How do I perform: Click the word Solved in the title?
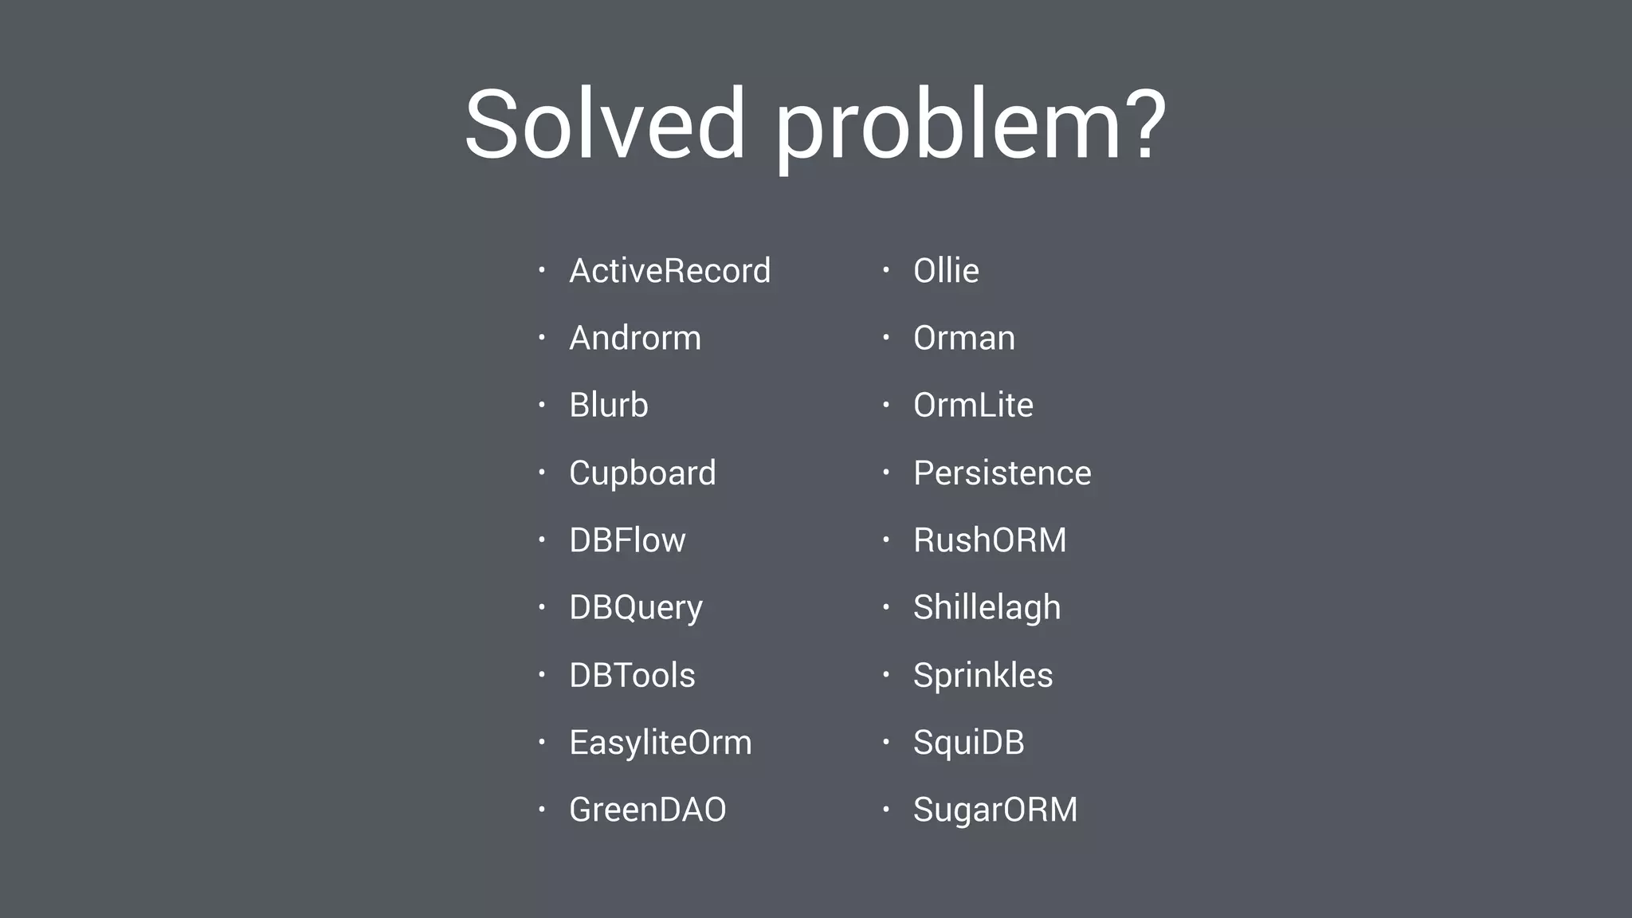[605, 125]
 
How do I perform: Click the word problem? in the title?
[970, 127]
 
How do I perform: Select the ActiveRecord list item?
[669, 271]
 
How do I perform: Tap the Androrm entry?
[635, 338]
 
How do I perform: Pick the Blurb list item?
[609, 405]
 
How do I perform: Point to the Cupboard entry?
[642, 473]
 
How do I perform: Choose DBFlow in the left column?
[627, 540]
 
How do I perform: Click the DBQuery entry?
[636, 608]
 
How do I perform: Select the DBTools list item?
[632, 675]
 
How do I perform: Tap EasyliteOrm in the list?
[660, 743]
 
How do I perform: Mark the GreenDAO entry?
[647, 810]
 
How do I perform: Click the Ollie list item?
[946, 271]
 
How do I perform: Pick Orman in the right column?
[964, 338]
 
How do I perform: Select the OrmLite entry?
[973, 405]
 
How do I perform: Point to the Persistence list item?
[1002, 473]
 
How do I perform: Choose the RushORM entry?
[990, 540]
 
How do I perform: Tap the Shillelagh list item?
[987, 608]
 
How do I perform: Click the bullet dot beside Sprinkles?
[885, 675]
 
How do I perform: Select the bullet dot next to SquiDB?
[885, 742]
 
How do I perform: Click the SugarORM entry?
[995, 810]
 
